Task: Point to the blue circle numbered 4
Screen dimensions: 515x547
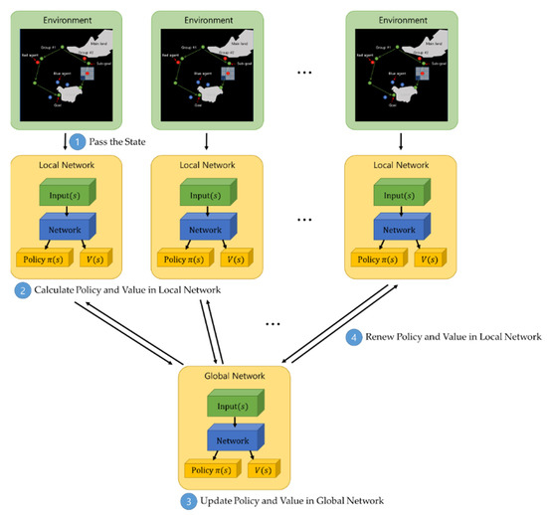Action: [x=352, y=337]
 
